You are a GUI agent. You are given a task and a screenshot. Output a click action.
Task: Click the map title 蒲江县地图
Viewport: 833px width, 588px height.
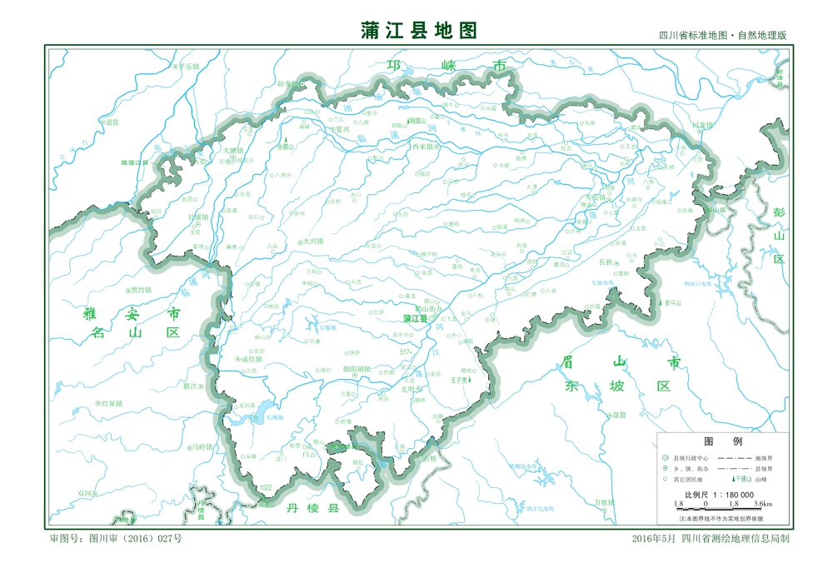(x=420, y=31)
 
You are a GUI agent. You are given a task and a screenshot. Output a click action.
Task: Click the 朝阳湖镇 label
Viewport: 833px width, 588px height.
(x=356, y=368)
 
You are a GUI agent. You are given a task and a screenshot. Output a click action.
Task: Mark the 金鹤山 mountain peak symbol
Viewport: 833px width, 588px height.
(x=286, y=141)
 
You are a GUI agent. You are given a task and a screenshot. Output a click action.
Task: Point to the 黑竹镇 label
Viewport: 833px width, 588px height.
(x=141, y=290)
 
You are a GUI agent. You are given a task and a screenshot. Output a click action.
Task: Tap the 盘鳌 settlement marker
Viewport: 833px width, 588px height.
(x=608, y=415)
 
